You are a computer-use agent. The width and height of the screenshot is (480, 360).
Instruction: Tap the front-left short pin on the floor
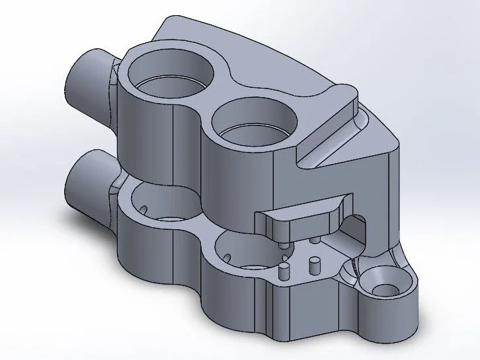tap(285, 271)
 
